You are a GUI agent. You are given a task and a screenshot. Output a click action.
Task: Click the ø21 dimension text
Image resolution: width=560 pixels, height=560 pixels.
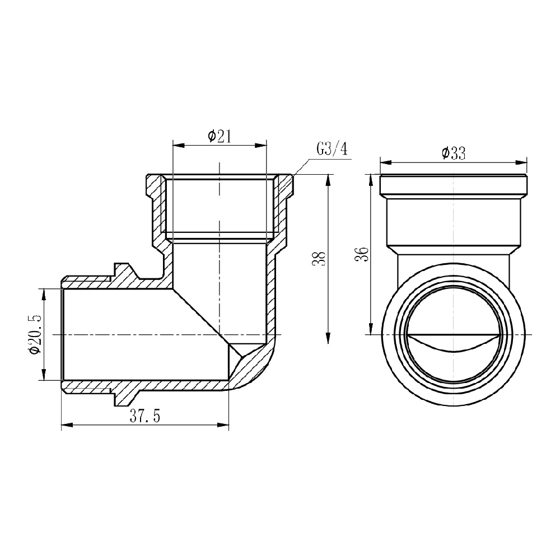pyautogui.click(x=220, y=137)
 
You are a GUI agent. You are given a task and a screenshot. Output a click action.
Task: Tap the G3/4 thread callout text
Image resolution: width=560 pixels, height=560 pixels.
pyautogui.click(x=332, y=149)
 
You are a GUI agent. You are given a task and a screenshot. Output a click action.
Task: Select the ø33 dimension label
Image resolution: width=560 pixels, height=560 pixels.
pyautogui.click(x=453, y=153)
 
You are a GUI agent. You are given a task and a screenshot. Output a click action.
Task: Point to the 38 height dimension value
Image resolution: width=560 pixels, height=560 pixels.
pyautogui.click(x=319, y=259)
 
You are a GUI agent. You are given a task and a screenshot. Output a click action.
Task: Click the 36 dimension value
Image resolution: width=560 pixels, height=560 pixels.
pyautogui.click(x=361, y=254)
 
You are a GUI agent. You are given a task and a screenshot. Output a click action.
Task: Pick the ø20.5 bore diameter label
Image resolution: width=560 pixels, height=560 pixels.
pyautogui.click(x=36, y=335)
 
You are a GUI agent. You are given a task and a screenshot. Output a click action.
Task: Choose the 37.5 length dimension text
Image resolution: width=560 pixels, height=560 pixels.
pyautogui.click(x=145, y=416)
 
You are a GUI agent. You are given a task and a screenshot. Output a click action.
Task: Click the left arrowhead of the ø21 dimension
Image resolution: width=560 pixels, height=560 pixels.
pyautogui.click(x=179, y=146)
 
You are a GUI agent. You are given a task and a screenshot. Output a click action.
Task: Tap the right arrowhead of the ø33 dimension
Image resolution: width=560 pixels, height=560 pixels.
pyautogui.click(x=521, y=162)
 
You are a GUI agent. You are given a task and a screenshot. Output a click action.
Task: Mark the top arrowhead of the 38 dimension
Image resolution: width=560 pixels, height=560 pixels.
pyautogui.click(x=328, y=180)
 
